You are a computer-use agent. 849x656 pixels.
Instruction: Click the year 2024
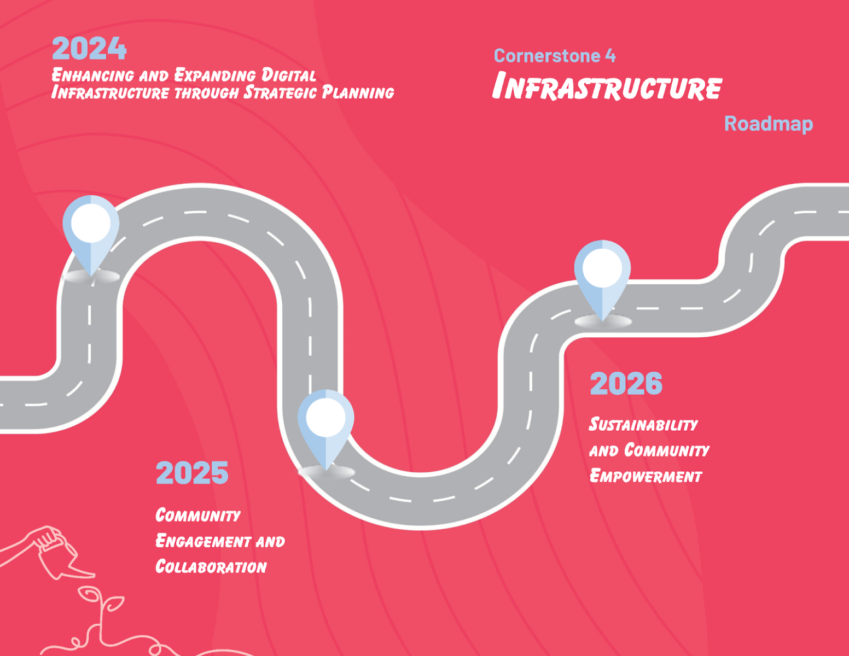pyautogui.click(x=90, y=49)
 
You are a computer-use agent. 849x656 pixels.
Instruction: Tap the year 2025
pyautogui.click(x=192, y=472)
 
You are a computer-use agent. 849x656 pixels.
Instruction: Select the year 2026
pyautogui.click(x=626, y=383)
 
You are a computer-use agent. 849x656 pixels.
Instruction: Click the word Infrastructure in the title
pyautogui.click(x=607, y=86)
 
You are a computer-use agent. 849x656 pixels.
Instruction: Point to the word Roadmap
pyautogui.click(x=769, y=124)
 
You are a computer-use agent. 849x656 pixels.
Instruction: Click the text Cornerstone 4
pyautogui.click(x=555, y=55)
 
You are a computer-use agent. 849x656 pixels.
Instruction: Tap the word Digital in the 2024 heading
pyautogui.click(x=288, y=75)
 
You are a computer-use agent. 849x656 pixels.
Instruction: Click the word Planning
pyautogui.click(x=358, y=92)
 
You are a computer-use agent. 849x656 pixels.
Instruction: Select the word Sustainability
pyautogui.click(x=643, y=425)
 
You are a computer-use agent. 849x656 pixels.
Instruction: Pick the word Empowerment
pyautogui.click(x=646, y=476)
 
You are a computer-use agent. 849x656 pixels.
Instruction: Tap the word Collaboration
pyautogui.click(x=211, y=567)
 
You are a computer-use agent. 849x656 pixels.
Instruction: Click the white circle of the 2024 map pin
pyautogui.click(x=91, y=223)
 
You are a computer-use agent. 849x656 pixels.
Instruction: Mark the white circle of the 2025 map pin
pyautogui.click(x=326, y=417)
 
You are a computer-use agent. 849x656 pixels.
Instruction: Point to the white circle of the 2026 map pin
pyautogui.click(x=602, y=268)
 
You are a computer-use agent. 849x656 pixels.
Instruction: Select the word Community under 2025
pyautogui.click(x=198, y=515)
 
